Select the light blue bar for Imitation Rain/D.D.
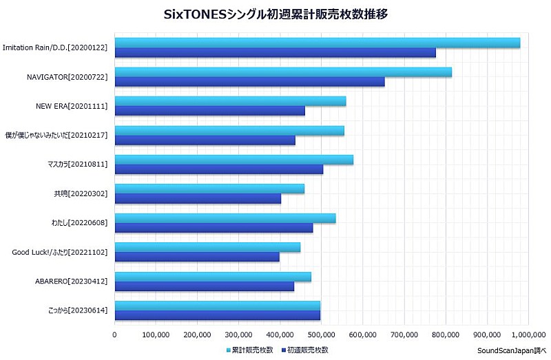(x=317, y=43)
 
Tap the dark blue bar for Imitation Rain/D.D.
(x=275, y=53)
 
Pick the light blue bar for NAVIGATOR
(x=282, y=72)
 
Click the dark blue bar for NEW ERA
(x=209, y=111)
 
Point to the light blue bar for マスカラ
(x=233, y=160)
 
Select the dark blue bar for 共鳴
(x=198, y=199)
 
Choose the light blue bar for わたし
(x=225, y=218)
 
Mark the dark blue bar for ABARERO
(x=204, y=286)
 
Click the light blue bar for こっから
(x=217, y=305)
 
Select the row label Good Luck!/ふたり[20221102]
(x=60, y=253)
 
